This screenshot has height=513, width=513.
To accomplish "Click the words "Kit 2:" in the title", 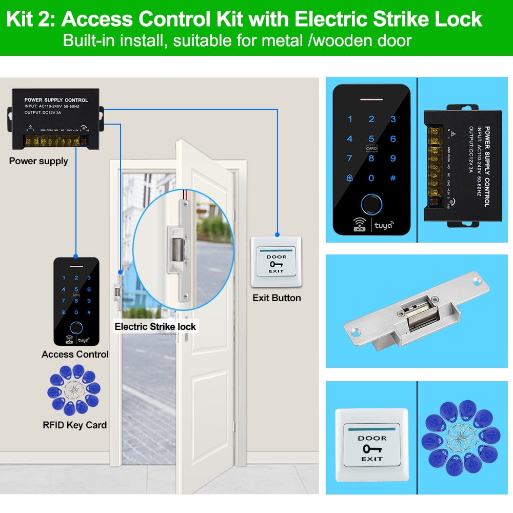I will [31, 19].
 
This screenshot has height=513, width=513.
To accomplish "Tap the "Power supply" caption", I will [38, 161].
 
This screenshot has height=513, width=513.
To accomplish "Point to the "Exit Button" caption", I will [277, 298].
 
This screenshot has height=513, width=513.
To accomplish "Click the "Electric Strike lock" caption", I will [155, 326].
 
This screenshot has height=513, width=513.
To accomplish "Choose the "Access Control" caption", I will [75, 354].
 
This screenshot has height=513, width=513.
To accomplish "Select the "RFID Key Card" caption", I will [75, 425].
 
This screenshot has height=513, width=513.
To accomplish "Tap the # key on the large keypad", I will [393, 178].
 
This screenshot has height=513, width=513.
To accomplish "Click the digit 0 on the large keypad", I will [371, 178].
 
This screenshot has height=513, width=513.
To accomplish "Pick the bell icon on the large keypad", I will [350, 178].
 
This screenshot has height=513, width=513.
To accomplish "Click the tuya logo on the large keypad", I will [383, 225].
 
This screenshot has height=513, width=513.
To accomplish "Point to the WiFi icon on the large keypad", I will [360, 225].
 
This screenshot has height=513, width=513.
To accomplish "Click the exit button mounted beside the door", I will [276, 262].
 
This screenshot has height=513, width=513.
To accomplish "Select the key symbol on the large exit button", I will [371, 448].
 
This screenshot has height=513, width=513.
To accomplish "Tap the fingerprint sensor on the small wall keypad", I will [76, 326].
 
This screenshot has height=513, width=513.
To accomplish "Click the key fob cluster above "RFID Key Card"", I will [75, 390].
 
